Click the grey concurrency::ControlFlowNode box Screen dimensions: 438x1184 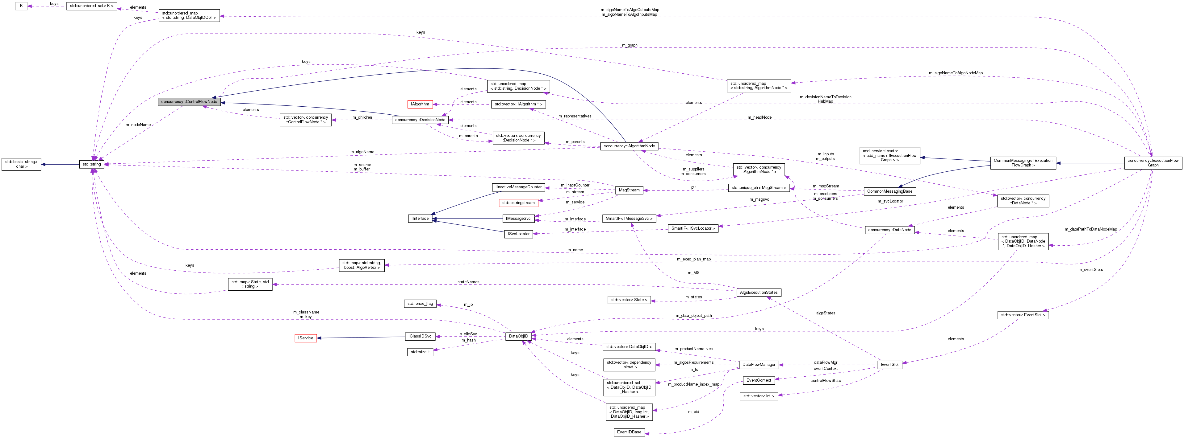point(189,101)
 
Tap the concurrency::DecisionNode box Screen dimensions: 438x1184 point(420,120)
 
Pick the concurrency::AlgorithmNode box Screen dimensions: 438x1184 point(629,146)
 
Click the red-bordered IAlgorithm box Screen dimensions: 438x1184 point(420,104)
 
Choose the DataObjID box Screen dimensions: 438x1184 point(518,336)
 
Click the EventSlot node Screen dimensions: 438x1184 point(889,365)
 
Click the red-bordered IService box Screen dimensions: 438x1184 point(305,338)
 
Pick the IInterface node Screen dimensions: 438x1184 point(420,219)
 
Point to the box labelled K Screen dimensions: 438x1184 point(21,6)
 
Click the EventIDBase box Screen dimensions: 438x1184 point(629,432)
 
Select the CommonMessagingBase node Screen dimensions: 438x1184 point(889,191)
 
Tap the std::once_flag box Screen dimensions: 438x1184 point(420,304)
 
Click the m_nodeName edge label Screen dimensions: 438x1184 point(138,125)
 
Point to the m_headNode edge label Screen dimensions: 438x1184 point(759,117)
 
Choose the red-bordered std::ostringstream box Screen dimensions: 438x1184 point(518,203)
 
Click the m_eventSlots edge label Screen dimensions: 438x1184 point(1090,269)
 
